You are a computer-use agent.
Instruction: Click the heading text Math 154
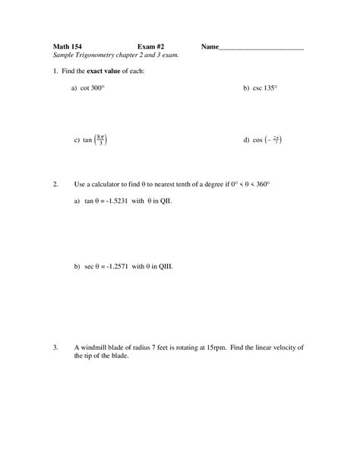click(67, 47)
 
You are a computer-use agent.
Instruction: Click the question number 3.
click(55, 347)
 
